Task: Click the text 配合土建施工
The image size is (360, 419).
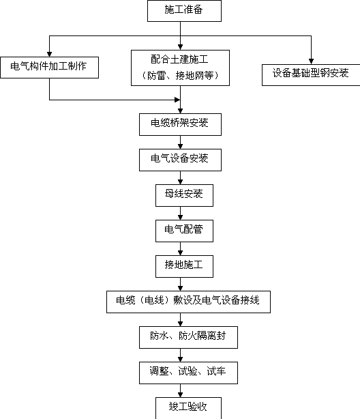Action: [x=179, y=59]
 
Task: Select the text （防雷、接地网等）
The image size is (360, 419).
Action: [x=180, y=76]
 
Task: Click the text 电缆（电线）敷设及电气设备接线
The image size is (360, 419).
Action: [x=187, y=300]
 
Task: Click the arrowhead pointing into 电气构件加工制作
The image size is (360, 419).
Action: [x=49, y=54]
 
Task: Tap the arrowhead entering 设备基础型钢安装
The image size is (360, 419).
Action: [x=311, y=61]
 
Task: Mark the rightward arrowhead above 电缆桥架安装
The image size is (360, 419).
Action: [x=177, y=100]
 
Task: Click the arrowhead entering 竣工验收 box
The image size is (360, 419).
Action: [x=180, y=394]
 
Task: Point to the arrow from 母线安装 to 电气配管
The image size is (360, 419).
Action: [x=180, y=213]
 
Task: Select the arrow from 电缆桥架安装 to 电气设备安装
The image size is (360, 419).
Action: [x=180, y=142]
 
